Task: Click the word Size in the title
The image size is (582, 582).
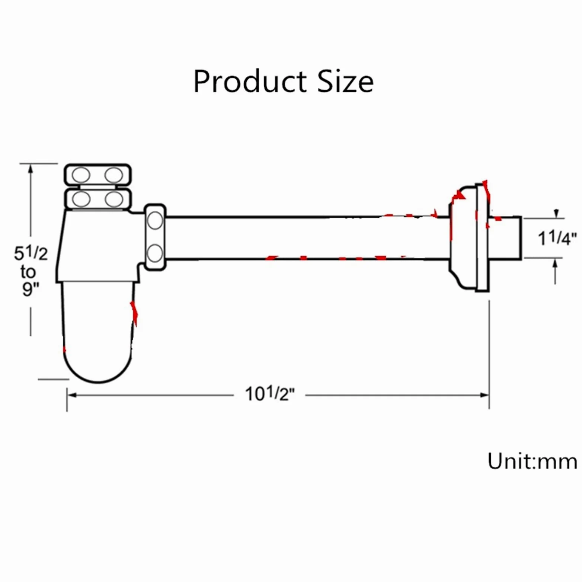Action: pyautogui.click(x=346, y=81)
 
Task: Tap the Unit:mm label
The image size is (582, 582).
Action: pyautogui.click(x=532, y=461)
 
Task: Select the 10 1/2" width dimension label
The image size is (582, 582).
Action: pyautogui.click(x=269, y=394)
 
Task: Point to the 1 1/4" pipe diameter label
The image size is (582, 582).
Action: pyautogui.click(x=557, y=238)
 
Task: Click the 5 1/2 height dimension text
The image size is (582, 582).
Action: pyautogui.click(x=31, y=253)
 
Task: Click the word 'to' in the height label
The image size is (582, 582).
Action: pyautogui.click(x=28, y=272)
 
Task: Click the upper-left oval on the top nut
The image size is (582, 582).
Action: pyautogui.click(x=81, y=175)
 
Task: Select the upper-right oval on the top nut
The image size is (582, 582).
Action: pyautogui.click(x=113, y=175)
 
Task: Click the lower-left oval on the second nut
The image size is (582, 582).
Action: pyautogui.click(x=81, y=199)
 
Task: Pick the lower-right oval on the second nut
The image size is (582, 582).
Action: pyautogui.click(x=114, y=199)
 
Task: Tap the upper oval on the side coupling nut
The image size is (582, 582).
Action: pyautogui.click(x=155, y=221)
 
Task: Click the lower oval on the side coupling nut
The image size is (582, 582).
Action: pyautogui.click(x=155, y=253)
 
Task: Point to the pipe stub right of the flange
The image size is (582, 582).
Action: pyautogui.click(x=505, y=237)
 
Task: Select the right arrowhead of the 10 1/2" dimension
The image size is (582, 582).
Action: pyautogui.click(x=484, y=395)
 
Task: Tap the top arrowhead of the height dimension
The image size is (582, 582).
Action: pyautogui.click(x=31, y=169)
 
